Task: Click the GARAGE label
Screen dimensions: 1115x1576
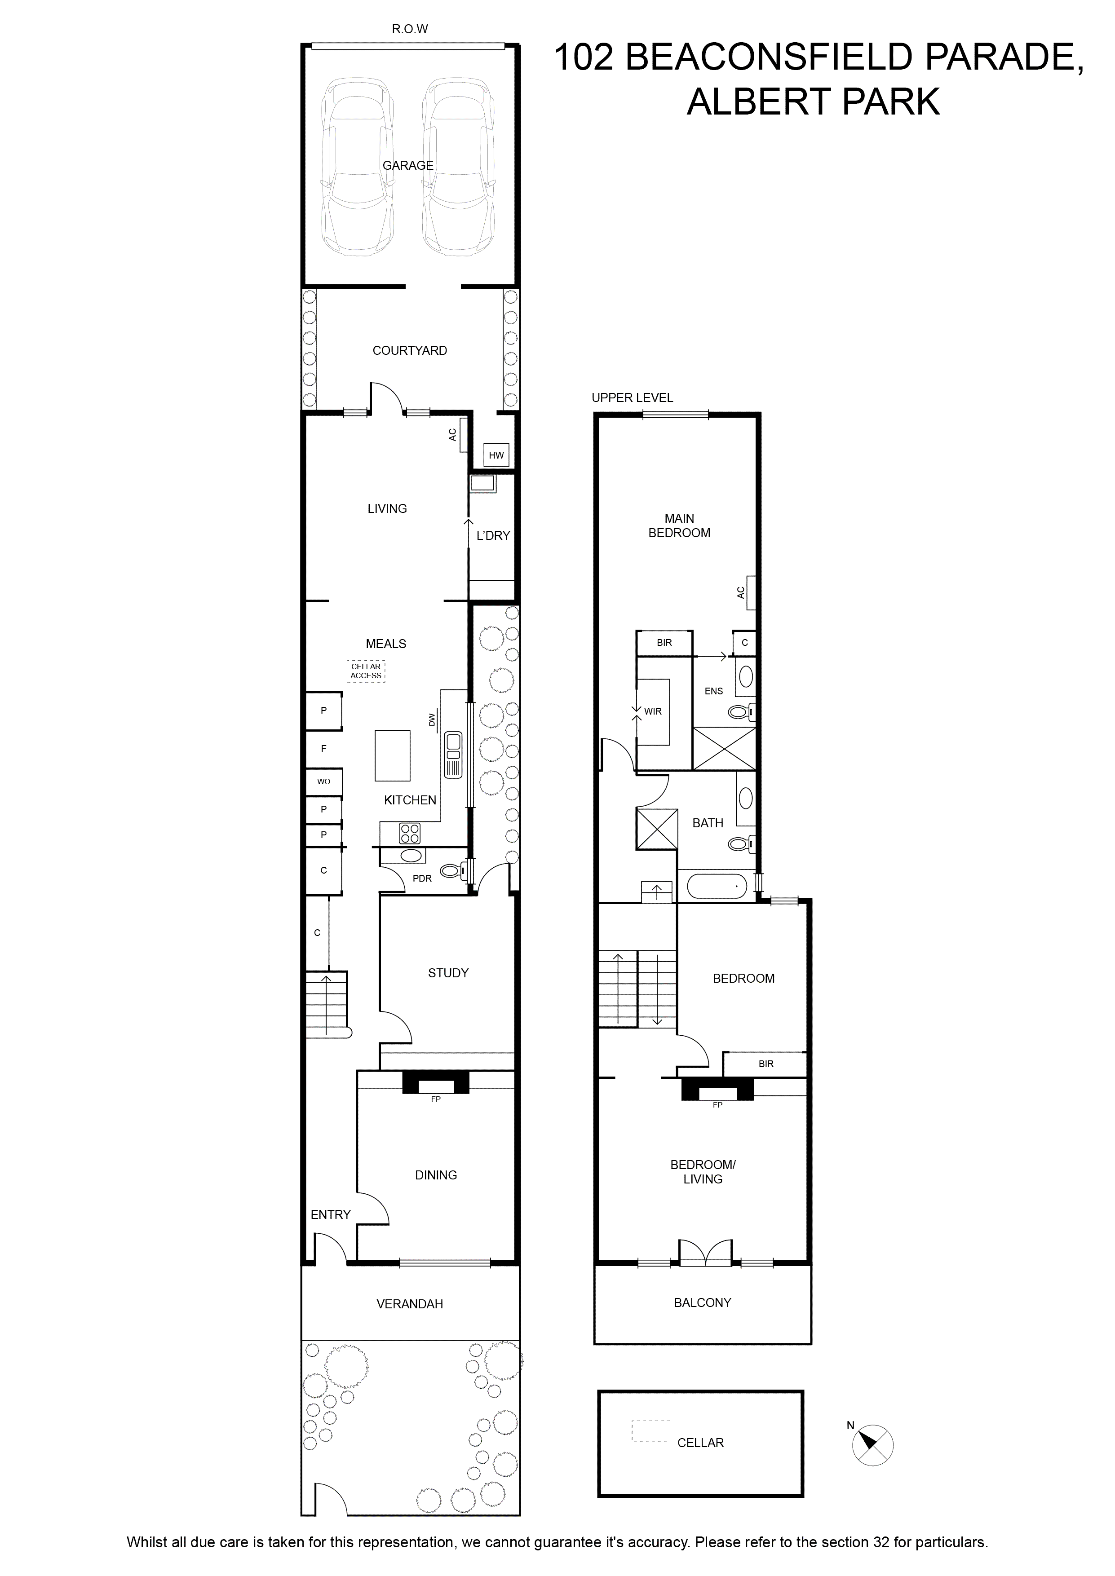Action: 408,165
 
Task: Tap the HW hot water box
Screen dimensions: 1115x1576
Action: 496,455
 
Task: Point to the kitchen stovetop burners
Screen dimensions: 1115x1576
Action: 410,833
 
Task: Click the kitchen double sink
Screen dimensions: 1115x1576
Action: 453,755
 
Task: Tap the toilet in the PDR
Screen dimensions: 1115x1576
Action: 453,870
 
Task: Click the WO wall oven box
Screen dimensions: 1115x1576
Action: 323,781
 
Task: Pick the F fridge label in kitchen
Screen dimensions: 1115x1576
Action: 324,748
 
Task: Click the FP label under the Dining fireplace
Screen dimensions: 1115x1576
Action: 435,1099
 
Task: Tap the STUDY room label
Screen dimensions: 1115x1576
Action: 448,973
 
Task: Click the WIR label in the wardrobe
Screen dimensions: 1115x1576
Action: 653,711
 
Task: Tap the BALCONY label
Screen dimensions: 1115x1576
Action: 702,1302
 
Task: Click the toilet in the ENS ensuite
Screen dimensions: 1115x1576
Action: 742,712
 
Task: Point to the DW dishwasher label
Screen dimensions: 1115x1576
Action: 432,720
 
